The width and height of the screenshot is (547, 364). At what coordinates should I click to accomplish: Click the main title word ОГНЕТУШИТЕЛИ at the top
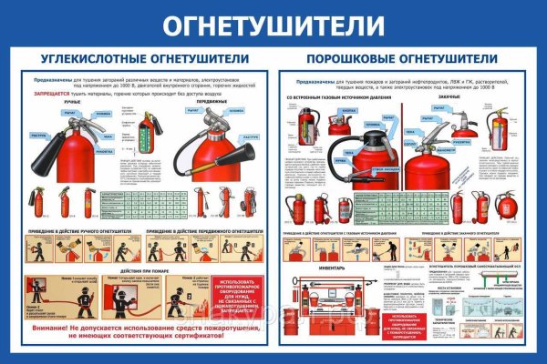point(273,25)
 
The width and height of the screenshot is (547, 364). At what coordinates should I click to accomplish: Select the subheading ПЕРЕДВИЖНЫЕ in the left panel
point(201,102)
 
